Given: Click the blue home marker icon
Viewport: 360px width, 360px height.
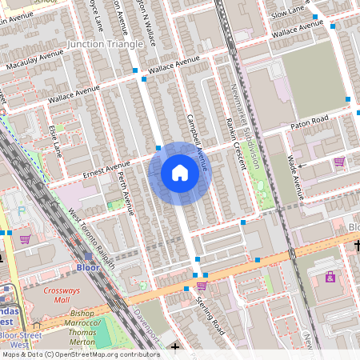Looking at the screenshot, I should coord(180,173).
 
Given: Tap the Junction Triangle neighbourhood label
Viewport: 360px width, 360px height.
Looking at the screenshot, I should coord(111,42).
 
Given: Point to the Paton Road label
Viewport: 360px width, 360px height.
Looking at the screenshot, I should coord(311,120).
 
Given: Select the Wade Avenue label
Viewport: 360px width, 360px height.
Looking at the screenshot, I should coord(295,176).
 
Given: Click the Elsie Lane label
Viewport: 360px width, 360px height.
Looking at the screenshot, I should coord(55,138).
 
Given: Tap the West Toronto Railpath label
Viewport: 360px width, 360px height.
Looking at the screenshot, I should coord(90,238).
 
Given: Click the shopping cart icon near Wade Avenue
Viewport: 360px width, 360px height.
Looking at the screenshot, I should coord(339,162).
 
